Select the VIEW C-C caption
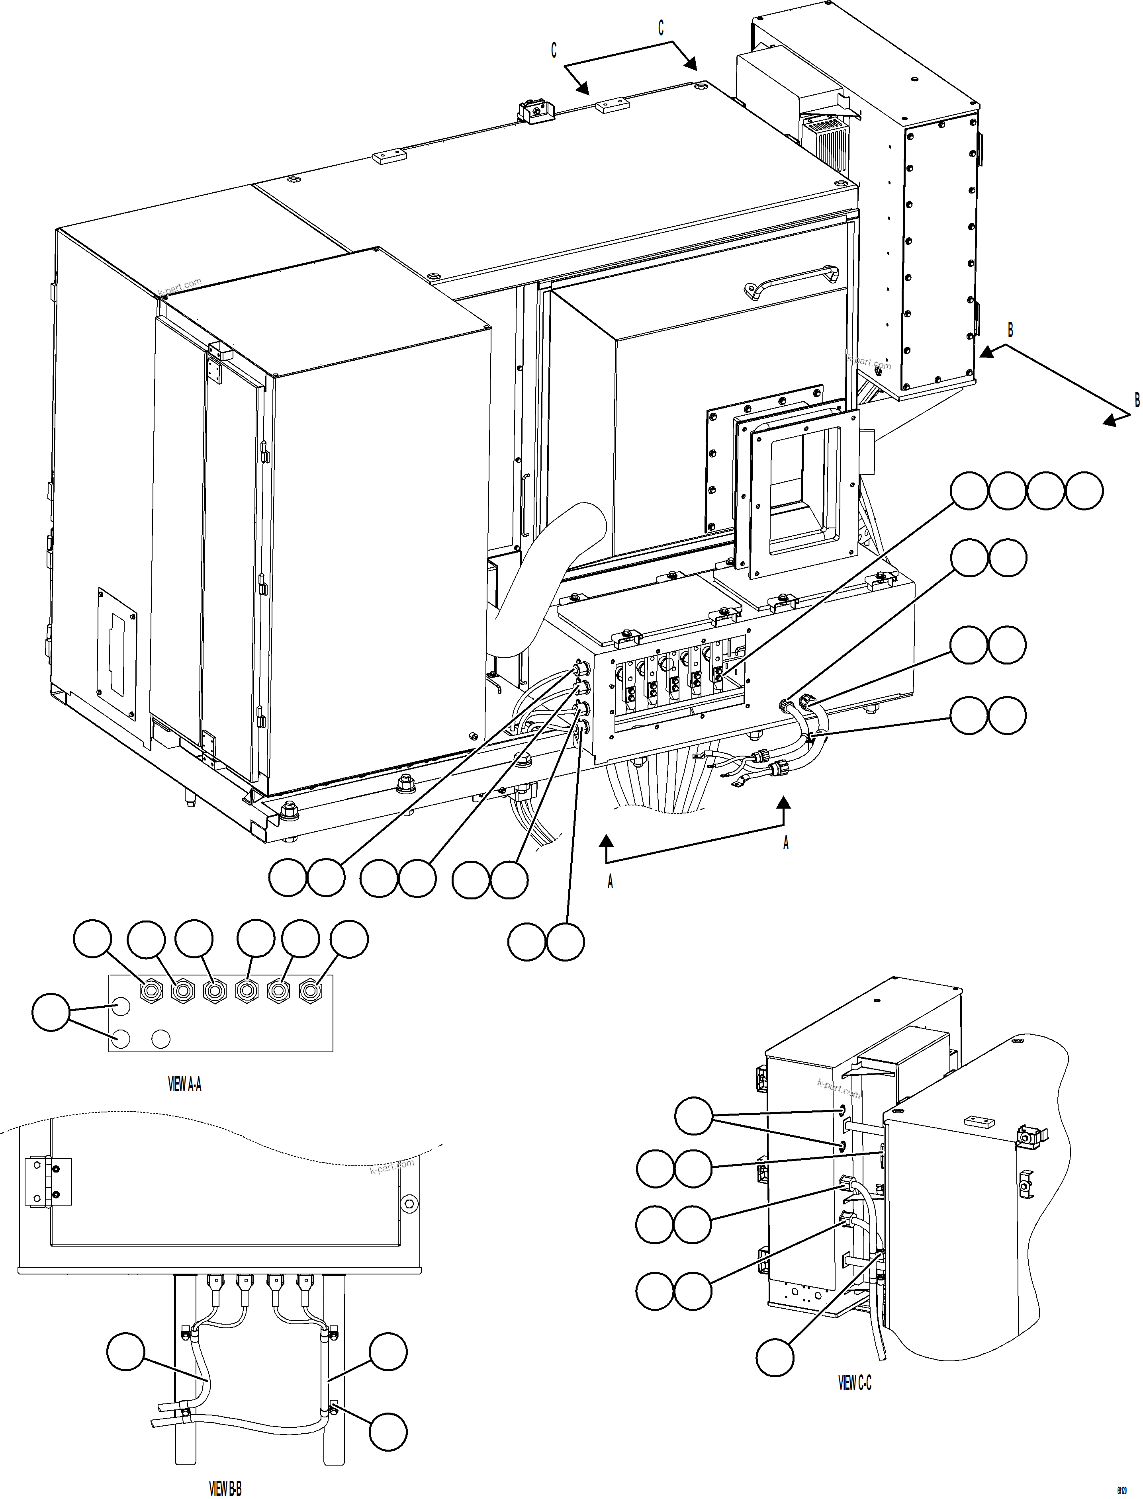[855, 1383]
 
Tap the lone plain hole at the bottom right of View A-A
[160, 1039]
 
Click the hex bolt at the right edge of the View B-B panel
[409, 1204]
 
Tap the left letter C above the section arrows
[554, 50]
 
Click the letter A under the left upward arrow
[610, 882]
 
